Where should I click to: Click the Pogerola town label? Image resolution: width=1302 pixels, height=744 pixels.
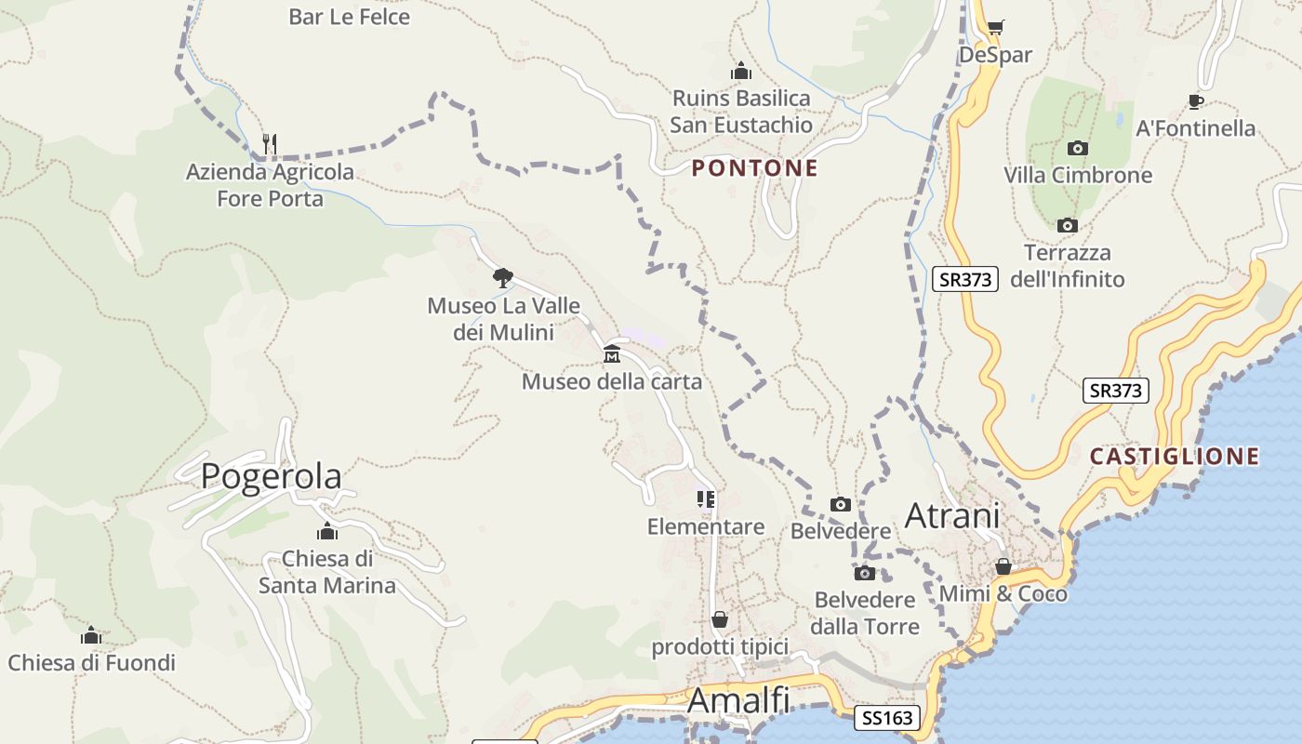[x=271, y=476]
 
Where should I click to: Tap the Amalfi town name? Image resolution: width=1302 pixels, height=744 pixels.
[x=738, y=701]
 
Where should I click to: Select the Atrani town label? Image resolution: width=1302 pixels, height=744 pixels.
[x=952, y=515]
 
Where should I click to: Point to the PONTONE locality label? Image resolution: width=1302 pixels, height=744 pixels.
[x=754, y=168]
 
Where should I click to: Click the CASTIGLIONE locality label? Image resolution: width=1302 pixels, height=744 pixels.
[x=1175, y=457]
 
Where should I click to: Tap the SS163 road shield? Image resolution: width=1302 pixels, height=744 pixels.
[x=888, y=718]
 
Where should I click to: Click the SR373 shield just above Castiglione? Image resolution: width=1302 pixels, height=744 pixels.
[x=1116, y=391]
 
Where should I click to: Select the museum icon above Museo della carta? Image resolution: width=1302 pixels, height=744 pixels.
[x=612, y=354]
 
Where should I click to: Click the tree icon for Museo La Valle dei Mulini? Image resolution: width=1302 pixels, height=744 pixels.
[x=502, y=277]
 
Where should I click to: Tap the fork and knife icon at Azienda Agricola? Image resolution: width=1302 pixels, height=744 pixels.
[x=270, y=144]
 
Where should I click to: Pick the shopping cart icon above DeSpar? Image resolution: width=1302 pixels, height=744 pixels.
[x=995, y=28]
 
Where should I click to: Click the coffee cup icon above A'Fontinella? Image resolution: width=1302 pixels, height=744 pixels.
[x=1196, y=101]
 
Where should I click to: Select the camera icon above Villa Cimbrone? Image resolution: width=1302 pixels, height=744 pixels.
[x=1077, y=149]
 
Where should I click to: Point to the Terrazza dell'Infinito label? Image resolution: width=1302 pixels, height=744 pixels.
[x=1067, y=266]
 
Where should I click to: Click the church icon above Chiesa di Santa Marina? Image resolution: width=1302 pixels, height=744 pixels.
[x=327, y=532]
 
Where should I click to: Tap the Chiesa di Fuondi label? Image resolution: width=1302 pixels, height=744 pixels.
[x=91, y=663]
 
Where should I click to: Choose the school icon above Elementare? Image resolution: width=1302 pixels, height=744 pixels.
[x=706, y=499]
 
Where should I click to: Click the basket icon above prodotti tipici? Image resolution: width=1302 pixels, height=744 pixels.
[x=720, y=619]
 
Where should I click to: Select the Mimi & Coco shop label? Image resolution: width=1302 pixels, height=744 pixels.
[x=1003, y=593]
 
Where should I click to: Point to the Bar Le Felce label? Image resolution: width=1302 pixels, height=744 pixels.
[x=349, y=17]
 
